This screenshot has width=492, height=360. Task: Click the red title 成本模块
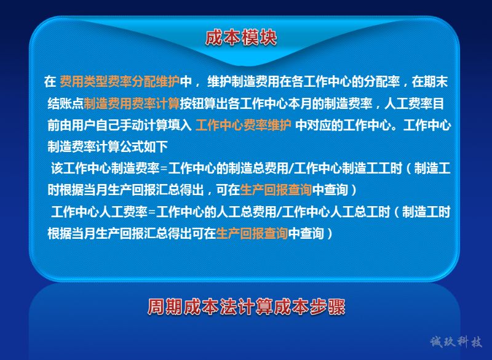click(x=241, y=38)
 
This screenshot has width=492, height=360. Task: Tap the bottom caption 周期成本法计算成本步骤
click(x=247, y=306)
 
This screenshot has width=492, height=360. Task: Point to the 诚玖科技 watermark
click(x=456, y=342)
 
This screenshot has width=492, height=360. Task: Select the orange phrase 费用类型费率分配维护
click(x=119, y=82)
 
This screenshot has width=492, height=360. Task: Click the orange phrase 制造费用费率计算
click(x=132, y=103)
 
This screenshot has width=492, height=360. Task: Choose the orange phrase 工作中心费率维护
click(x=244, y=125)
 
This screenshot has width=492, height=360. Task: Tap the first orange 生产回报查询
click(x=276, y=190)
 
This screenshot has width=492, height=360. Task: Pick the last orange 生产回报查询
click(x=252, y=233)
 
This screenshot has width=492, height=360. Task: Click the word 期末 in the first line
click(x=435, y=82)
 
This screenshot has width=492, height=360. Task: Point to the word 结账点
click(x=66, y=103)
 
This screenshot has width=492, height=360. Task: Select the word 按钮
click(x=192, y=103)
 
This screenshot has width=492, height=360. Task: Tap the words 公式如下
click(x=144, y=146)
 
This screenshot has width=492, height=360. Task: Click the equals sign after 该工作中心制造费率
click(x=164, y=169)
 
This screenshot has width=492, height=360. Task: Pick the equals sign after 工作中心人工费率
click(x=152, y=212)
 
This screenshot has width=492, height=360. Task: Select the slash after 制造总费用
click(x=291, y=169)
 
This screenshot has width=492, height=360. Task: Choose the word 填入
click(x=180, y=125)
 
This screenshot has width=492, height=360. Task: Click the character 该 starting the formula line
click(x=57, y=169)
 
